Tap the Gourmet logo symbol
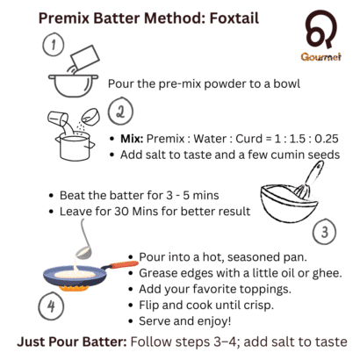tap(315, 34)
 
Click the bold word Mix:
tap(129, 138)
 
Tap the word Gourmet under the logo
tap(316, 65)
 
